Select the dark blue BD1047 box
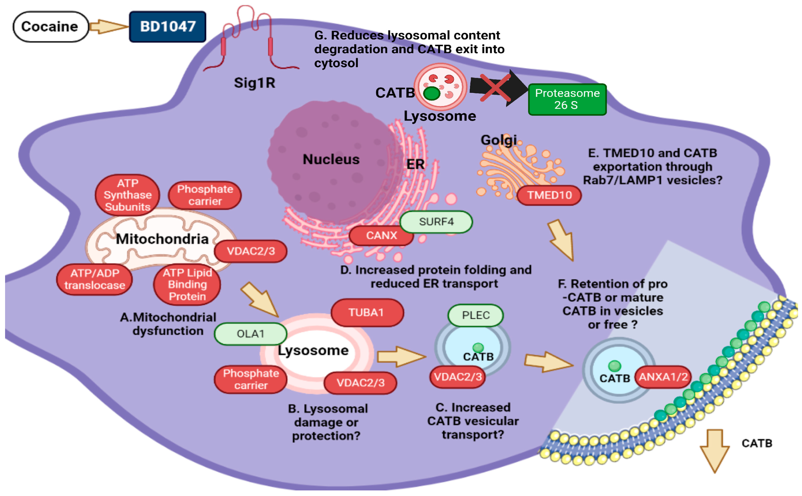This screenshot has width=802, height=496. click(168, 27)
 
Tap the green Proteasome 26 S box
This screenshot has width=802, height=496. click(567, 99)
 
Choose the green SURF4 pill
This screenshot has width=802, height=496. click(436, 222)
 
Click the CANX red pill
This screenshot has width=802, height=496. click(381, 236)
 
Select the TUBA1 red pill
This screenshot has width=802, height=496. click(367, 313)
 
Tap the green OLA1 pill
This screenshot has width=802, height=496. click(250, 334)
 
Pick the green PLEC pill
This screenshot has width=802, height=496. click(475, 316)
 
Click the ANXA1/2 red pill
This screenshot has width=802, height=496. click(663, 377)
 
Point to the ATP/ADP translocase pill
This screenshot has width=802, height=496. click(94, 280)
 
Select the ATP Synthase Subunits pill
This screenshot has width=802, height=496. click(127, 195)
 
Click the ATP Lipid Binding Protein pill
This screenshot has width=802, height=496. click(187, 285)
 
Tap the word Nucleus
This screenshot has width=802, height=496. click(331, 160)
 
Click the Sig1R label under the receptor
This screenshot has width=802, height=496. click(254, 83)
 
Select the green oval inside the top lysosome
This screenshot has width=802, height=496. click(431, 93)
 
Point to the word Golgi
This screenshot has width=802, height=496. click(498, 141)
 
